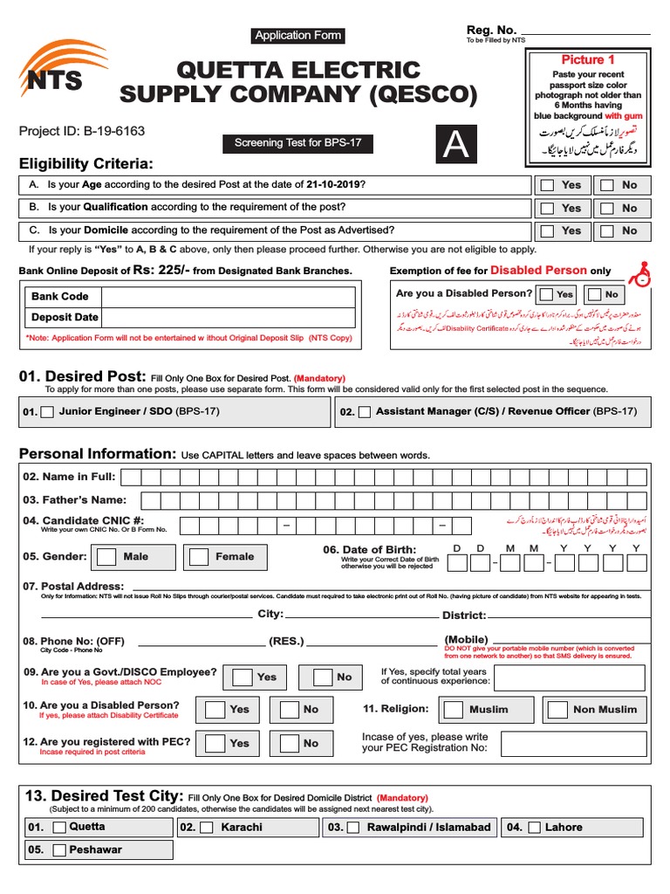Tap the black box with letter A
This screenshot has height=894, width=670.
456,144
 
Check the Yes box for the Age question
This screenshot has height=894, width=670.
547,185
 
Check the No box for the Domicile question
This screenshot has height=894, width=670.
606,231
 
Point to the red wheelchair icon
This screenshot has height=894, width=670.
640,272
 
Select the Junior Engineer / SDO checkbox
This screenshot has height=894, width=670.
48,411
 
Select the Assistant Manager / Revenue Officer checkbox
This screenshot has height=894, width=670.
365,411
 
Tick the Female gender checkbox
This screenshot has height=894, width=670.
200,557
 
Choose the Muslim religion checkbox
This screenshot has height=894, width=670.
453,710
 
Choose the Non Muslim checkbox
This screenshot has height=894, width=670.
557,710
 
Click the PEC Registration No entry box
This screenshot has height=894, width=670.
573,744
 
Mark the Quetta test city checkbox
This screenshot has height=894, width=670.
58,828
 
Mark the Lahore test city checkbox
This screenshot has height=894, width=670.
535,828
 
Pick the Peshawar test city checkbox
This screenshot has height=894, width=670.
58,850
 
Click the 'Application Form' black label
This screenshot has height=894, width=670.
297,36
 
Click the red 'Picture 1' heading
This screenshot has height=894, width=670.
588,60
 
